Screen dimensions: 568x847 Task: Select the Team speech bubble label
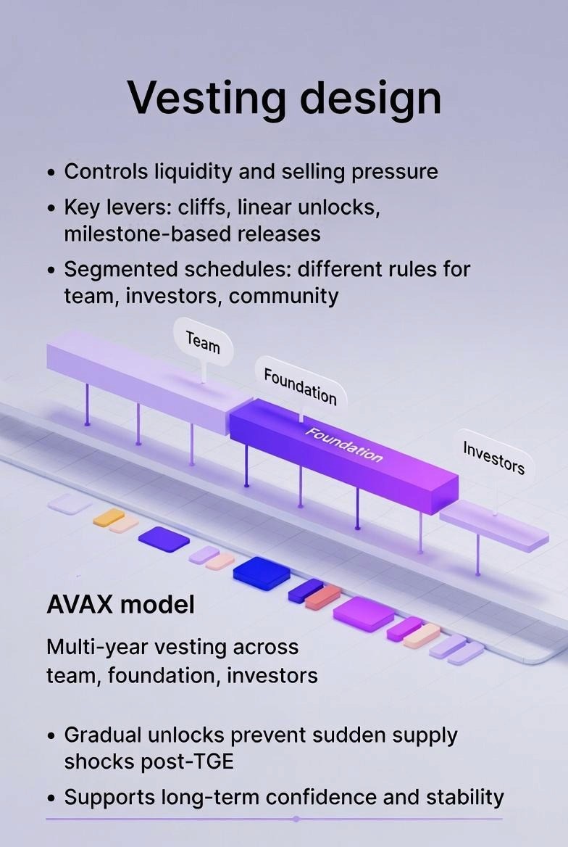[x=203, y=342]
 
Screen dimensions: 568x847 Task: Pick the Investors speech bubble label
[x=493, y=457]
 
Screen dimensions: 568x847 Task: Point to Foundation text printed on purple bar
[x=343, y=445]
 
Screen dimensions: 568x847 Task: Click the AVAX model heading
[x=120, y=605]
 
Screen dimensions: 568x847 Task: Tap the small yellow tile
[x=109, y=517]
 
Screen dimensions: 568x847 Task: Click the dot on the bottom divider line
[x=296, y=819]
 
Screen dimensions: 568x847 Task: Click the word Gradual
[x=106, y=735]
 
